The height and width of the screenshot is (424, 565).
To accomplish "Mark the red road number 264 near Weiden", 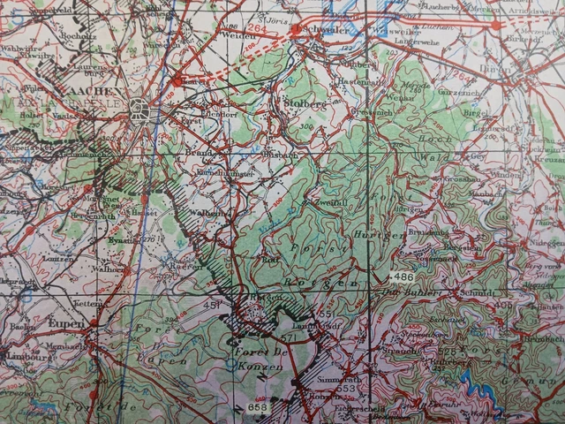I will click(256, 29).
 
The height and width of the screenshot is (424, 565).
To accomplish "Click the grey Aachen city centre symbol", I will click(138, 110).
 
